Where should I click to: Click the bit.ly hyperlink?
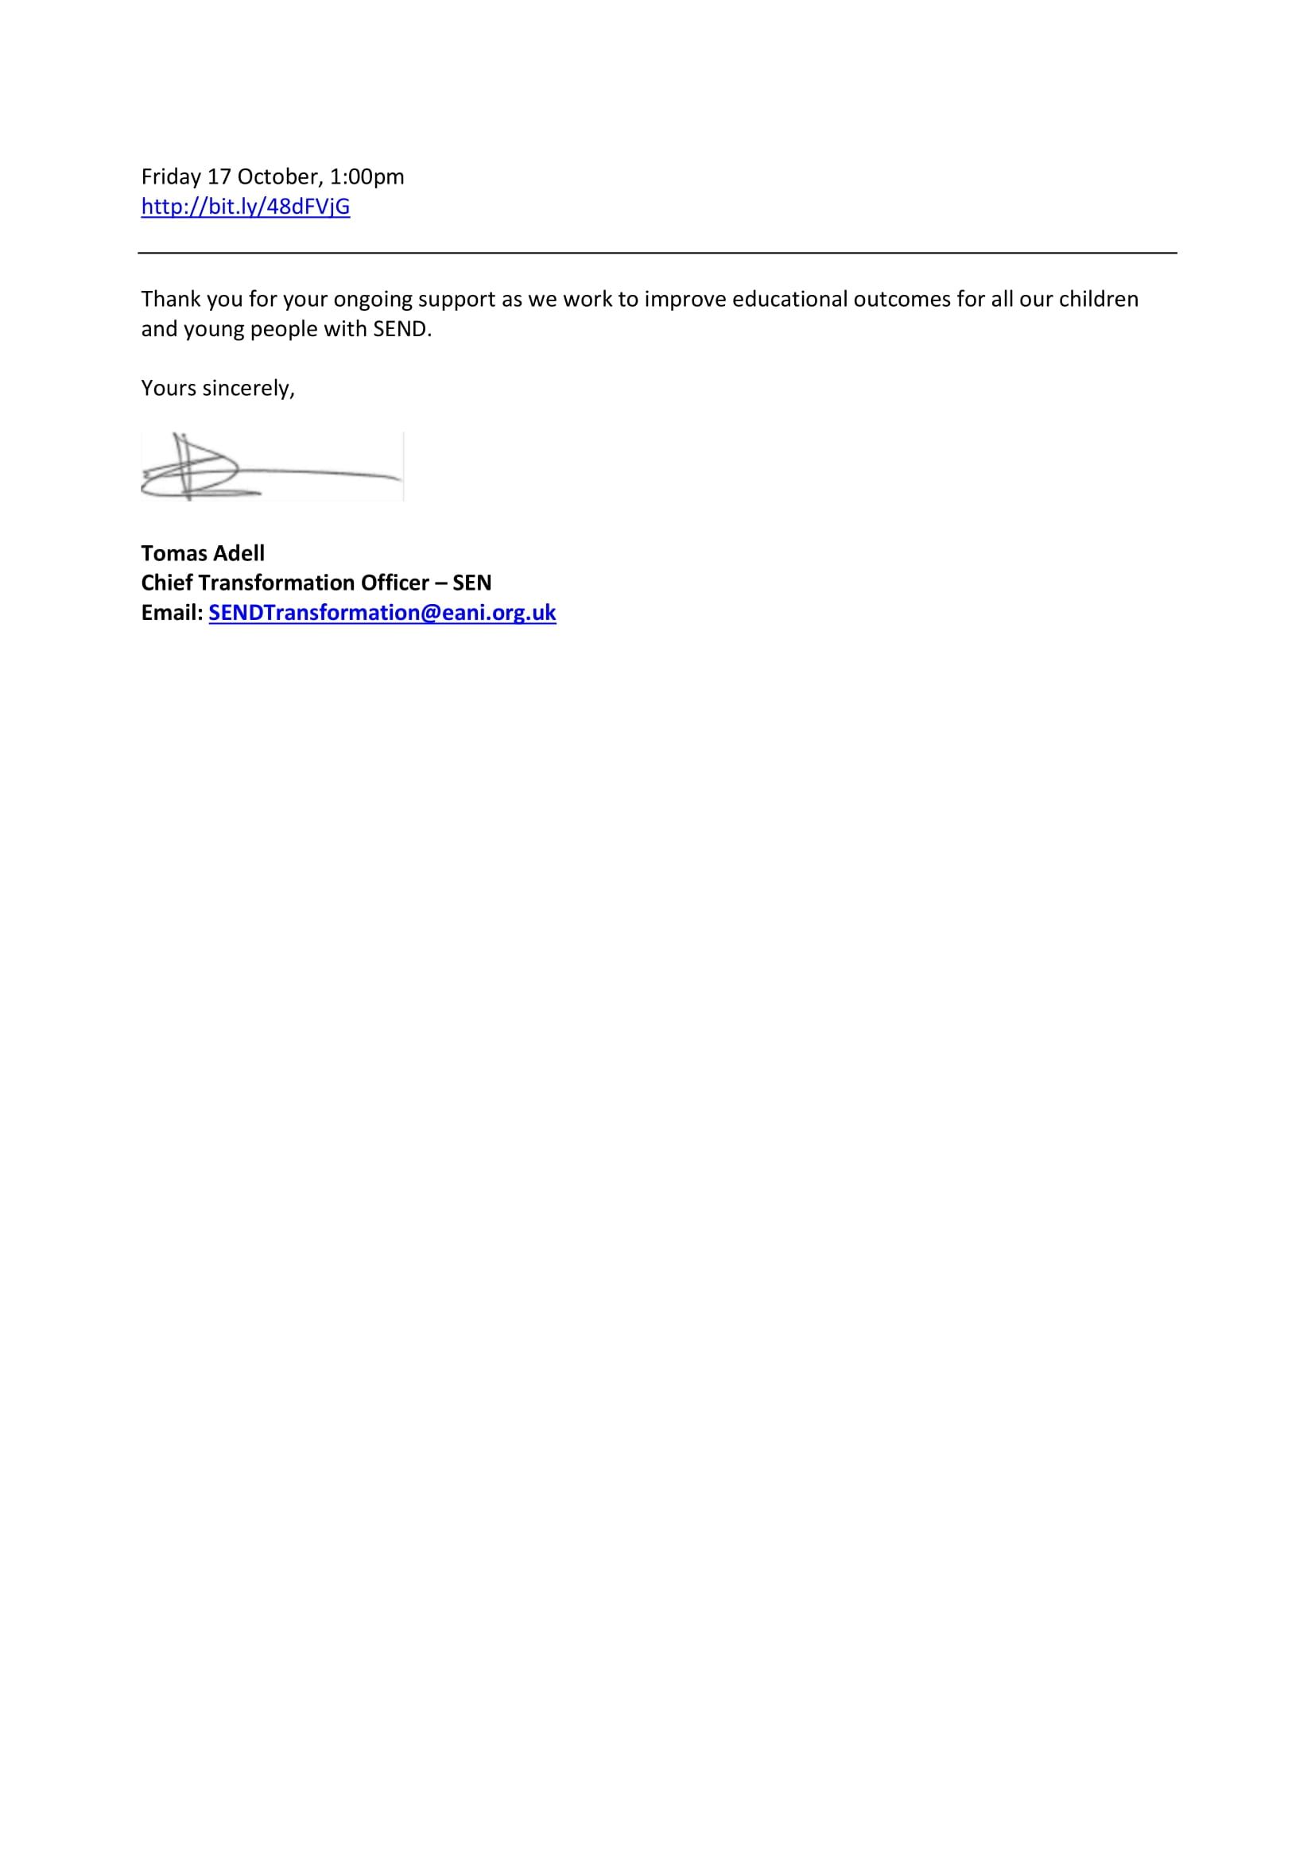[246, 207]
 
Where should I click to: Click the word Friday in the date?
[171, 176]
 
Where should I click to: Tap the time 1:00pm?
[367, 176]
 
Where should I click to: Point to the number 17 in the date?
[219, 176]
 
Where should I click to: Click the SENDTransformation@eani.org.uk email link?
[382, 612]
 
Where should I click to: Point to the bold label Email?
[172, 612]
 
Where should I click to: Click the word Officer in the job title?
[393, 583]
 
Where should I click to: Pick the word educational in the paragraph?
[789, 299]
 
